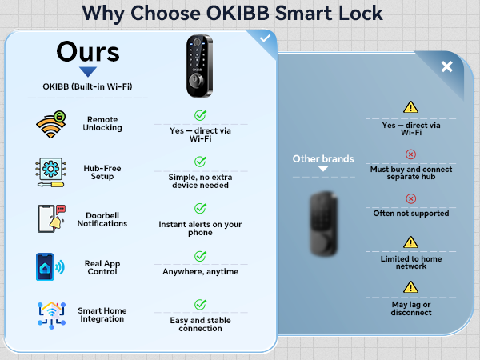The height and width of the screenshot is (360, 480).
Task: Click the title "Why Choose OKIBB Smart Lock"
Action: [x=232, y=14]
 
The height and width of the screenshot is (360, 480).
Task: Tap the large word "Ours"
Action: [x=87, y=53]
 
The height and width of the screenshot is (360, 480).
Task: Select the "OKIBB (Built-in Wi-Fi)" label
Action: [x=87, y=86]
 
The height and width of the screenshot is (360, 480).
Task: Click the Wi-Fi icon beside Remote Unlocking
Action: [x=50, y=124]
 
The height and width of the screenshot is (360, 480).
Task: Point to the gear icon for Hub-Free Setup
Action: [x=50, y=171]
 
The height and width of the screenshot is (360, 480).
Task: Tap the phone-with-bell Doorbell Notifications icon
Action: [x=50, y=218]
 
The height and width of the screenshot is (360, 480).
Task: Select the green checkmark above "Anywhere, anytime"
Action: [x=200, y=256]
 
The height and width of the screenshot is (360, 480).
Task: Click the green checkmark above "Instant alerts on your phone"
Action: [x=200, y=209]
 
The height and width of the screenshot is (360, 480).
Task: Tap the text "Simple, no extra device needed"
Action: [x=200, y=181]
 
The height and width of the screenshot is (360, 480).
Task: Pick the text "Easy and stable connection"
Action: [x=200, y=324]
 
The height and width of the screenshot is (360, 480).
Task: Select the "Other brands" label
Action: [x=322, y=158]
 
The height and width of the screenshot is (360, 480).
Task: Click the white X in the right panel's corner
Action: [x=446, y=66]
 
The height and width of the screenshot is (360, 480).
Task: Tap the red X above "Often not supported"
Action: [x=410, y=198]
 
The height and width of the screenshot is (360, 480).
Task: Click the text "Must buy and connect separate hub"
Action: [x=411, y=173]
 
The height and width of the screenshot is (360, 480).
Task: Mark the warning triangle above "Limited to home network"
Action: [x=410, y=242]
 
